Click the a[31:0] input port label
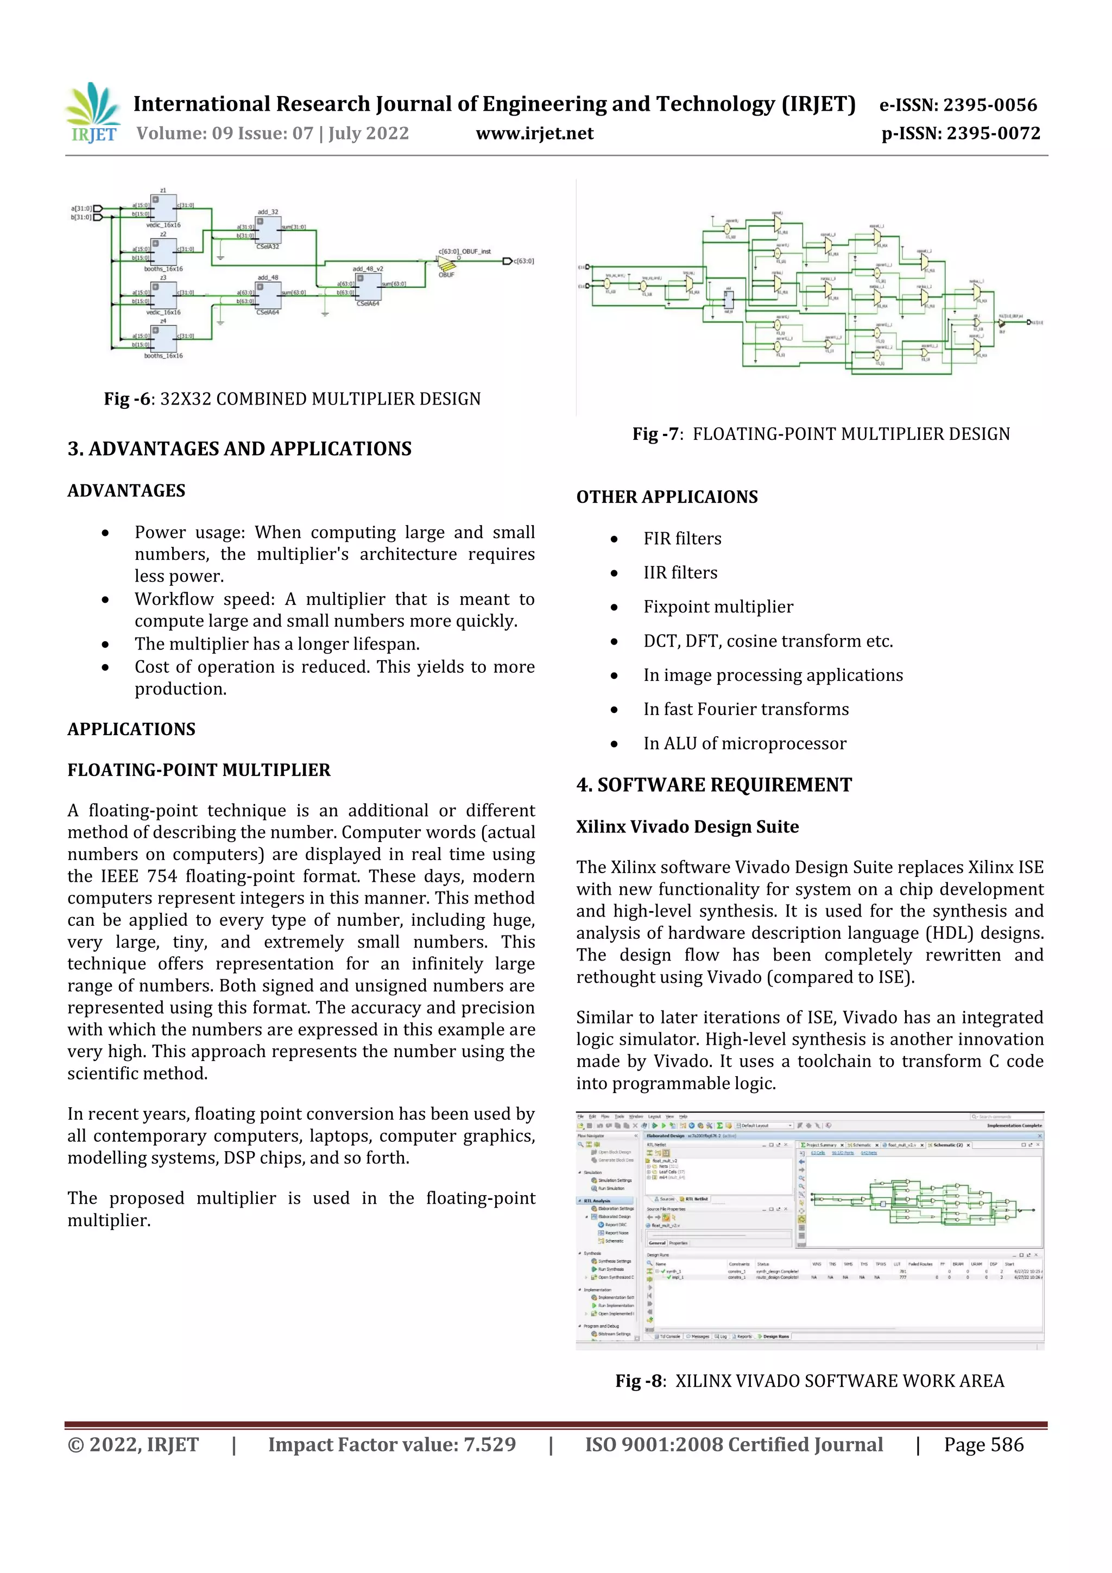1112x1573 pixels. [x=81, y=209]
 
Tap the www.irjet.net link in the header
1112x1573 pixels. [x=534, y=133]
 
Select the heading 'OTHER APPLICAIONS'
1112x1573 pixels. [x=667, y=497]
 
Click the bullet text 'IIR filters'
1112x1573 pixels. [x=680, y=573]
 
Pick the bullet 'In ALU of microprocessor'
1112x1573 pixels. [x=744, y=743]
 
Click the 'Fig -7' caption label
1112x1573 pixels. [x=656, y=434]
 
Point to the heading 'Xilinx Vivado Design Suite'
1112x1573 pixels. [x=687, y=826]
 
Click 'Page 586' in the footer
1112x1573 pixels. [x=983, y=1444]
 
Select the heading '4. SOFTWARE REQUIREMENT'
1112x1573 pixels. [x=714, y=785]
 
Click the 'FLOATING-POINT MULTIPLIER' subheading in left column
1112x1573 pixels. [x=199, y=770]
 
